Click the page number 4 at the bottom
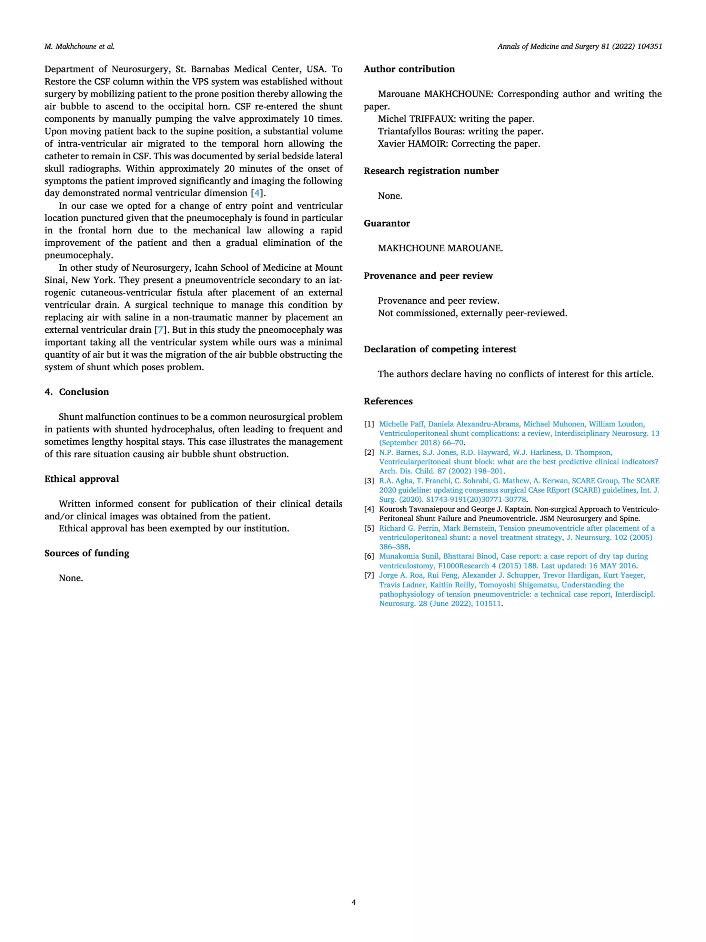353,902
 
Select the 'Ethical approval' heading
82,479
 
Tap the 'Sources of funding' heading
87,553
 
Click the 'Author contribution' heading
409,69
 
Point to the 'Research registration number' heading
431,171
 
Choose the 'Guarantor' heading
387,223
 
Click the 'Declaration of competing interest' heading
440,349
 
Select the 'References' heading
388,401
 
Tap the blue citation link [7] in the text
160,330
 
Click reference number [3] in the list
369,481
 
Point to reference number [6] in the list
369,556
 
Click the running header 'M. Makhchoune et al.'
79,47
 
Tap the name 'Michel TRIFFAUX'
413,119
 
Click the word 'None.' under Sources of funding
71,578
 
